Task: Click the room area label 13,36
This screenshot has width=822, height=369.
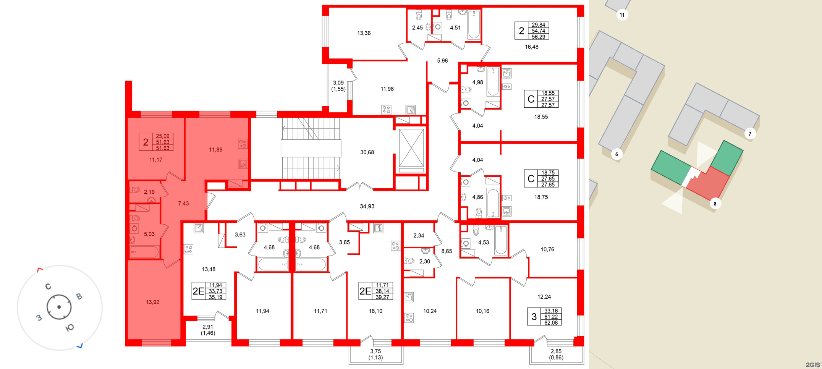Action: tap(364, 33)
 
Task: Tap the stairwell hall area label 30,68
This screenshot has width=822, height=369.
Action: tap(367, 152)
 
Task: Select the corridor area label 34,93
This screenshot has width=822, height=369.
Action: tap(367, 206)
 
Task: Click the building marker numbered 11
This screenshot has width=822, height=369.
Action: tap(622, 15)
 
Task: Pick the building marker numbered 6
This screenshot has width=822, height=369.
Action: tap(616, 154)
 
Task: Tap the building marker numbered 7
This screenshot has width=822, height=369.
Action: tap(749, 134)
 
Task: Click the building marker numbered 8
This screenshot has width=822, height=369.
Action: tap(715, 204)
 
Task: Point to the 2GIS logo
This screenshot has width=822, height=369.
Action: tap(812, 365)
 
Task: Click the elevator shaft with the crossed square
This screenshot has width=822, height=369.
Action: tap(411, 148)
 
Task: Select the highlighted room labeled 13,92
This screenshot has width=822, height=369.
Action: tap(152, 302)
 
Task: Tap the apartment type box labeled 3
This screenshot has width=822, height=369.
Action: tap(534, 317)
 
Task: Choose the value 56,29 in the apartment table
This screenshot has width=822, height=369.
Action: tap(538, 37)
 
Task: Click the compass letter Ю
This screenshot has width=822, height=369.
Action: tap(70, 327)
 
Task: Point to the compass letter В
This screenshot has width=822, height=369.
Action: tap(79, 296)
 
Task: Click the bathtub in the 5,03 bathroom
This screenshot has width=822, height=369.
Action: tap(144, 252)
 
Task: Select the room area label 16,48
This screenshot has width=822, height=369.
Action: tap(531, 47)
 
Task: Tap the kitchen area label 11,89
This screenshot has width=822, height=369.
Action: tap(215, 150)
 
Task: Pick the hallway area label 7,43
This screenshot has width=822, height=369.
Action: tap(183, 204)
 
